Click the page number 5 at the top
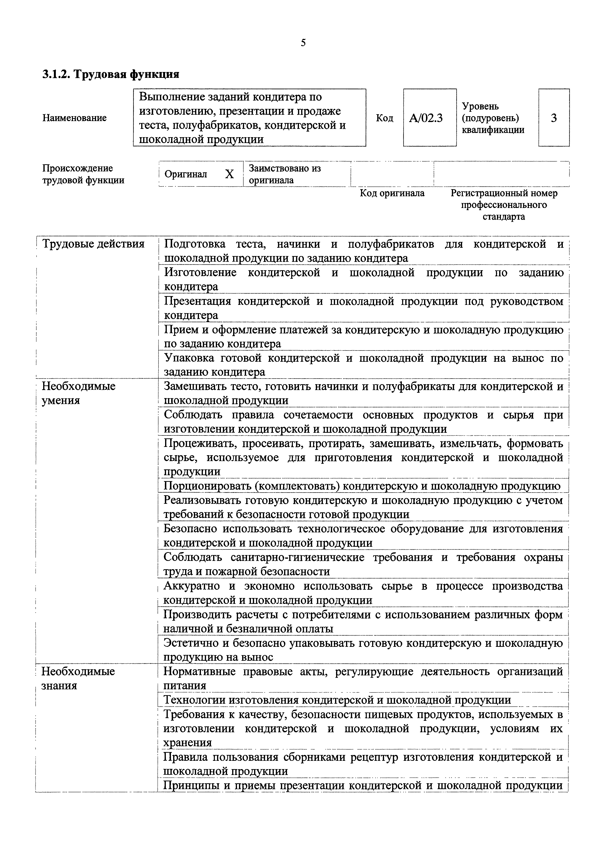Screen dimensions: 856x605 pyautogui.click(x=303, y=43)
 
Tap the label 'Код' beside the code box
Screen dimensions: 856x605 pyautogui.click(x=385, y=118)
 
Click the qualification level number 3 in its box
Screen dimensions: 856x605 pyautogui.click(x=554, y=118)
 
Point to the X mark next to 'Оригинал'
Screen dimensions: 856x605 pyautogui.click(x=229, y=174)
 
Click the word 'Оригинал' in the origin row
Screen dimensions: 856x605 pyautogui.click(x=186, y=174)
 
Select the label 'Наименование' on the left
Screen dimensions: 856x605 pyautogui.click(x=75, y=118)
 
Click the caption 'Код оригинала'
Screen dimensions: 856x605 pyautogui.click(x=392, y=193)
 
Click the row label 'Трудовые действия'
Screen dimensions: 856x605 pyautogui.click(x=93, y=244)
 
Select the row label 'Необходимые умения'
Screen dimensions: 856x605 pyautogui.click(x=78, y=393)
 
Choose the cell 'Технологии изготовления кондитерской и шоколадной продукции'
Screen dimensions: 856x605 pyautogui.click(x=337, y=700)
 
